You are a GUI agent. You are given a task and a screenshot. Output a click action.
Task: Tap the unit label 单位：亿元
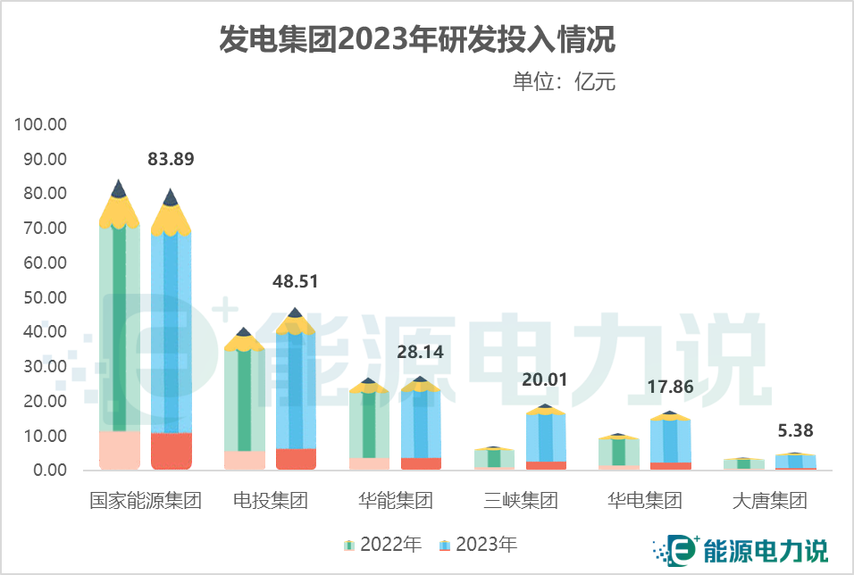coord(564,82)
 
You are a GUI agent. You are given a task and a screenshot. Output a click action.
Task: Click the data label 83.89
coord(171,160)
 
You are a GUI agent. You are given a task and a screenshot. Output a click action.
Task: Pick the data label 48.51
coord(295,282)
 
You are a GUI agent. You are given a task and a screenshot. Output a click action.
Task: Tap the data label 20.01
coord(544,379)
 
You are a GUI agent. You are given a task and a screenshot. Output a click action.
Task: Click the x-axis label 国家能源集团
coord(146,500)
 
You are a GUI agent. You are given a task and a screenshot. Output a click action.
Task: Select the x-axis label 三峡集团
coord(520,500)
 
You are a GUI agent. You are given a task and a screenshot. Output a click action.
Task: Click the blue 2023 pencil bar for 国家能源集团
coord(171,339)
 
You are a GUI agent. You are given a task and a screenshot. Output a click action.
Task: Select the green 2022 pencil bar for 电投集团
coord(244,402)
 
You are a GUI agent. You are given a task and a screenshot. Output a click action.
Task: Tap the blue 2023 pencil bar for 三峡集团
coord(545,437)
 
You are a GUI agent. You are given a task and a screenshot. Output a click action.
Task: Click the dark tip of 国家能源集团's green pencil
coord(119,188)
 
